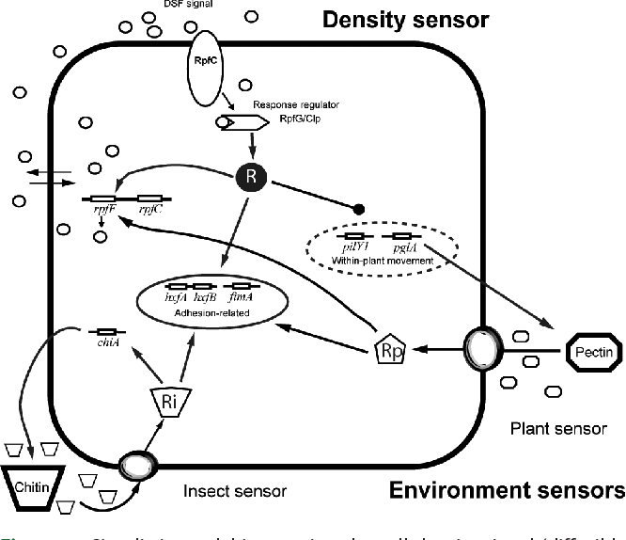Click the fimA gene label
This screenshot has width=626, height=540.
coord(241,296)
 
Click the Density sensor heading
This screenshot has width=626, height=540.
coord(414,20)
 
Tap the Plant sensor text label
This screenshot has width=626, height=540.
coord(557,429)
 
